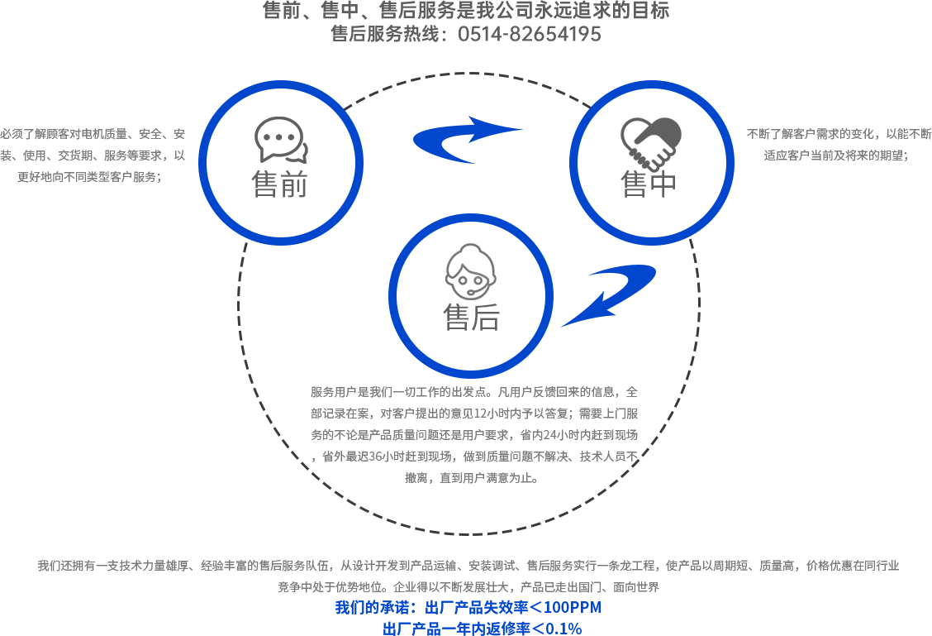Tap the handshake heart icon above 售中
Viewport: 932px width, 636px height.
pyautogui.click(x=651, y=141)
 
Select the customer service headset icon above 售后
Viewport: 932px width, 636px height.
pyautogui.click(x=471, y=272)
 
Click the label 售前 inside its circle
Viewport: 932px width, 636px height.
pyautogui.click(x=280, y=184)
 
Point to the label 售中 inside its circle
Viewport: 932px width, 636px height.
pyautogui.click(x=649, y=184)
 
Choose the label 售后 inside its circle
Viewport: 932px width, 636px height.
pyautogui.click(x=471, y=317)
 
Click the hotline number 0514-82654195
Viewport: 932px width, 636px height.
pyautogui.click(x=530, y=34)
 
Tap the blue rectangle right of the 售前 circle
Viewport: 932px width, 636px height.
pyautogui.click(x=440, y=140)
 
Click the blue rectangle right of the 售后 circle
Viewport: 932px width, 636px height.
pyautogui.click(x=635, y=291)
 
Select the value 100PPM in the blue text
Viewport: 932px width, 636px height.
pyautogui.click(x=573, y=608)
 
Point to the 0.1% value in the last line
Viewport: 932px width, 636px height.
pyautogui.click(x=563, y=629)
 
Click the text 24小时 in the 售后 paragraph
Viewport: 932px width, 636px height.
pyautogui.click(x=561, y=434)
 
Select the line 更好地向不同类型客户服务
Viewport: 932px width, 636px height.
pyautogui.click(x=90, y=176)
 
